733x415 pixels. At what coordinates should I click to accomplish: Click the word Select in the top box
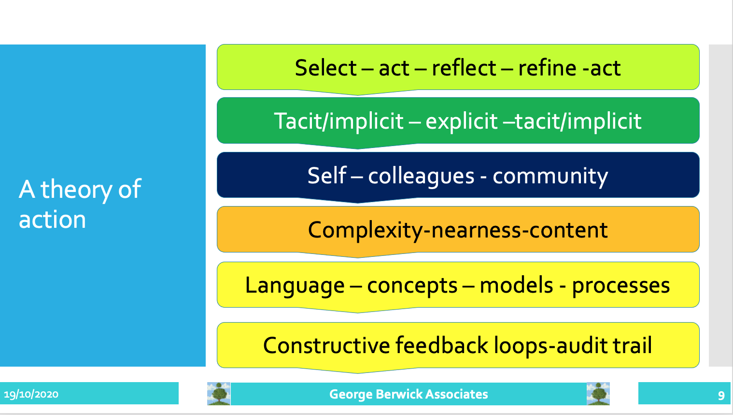pyautogui.click(x=325, y=68)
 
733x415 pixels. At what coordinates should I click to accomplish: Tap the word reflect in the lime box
pyautogui.click(x=464, y=68)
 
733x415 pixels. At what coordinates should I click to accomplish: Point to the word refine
pyautogui.click(x=547, y=68)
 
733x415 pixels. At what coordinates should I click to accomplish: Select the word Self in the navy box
pyautogui.click(x=326, y=176)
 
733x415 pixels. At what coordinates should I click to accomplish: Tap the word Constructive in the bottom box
pyautogui.click(x=326, y=345)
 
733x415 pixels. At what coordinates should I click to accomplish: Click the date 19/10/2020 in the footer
pyautogui.click(x=31, y=394)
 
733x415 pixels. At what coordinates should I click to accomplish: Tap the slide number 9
pyautogui.click(x=721, y=396)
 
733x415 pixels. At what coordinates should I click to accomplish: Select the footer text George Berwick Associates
pyautogui.click(x=409, y=394)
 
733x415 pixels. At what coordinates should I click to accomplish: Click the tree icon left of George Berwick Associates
pyautogui.click(x=219, y=394)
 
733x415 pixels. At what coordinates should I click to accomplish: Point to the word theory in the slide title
pyautogui.click(x=76, y=190)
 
